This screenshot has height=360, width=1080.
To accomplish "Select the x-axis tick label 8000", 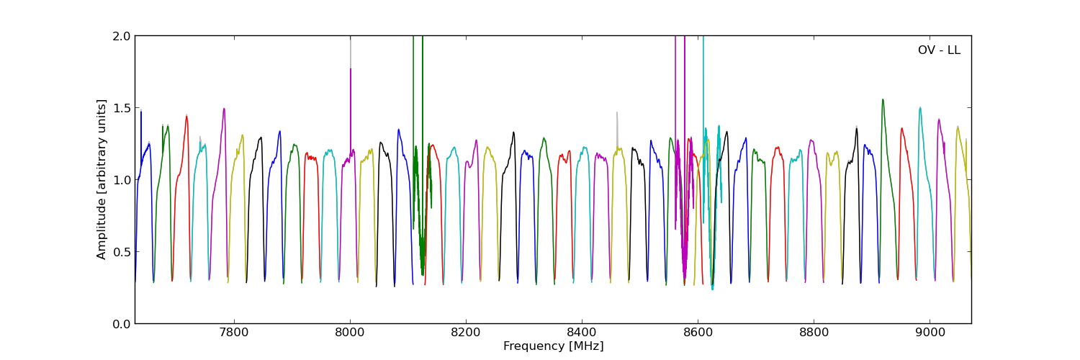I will click(x=350, y=333).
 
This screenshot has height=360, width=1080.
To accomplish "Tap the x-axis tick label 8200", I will click(x=466, y=333).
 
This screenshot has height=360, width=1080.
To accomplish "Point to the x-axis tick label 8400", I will click(x=582, y=333).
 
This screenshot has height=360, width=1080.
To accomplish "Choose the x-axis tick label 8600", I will click(x=698, y=333).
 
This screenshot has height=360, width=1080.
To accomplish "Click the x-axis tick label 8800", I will click(x=814, y=333).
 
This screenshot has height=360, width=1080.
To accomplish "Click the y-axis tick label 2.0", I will click(x=122, y=36).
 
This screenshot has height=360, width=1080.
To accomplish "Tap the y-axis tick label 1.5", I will click(x=122, y=108).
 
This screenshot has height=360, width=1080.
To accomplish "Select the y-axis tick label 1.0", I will click(x=122, y=180).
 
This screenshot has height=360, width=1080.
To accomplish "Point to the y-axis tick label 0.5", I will click(x=122, y=252).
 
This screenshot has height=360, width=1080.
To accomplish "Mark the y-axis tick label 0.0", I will click(x=122, y=324).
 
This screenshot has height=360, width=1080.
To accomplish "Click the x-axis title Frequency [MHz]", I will click(x=553, y=346).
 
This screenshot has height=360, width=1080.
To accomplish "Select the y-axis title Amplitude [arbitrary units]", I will click(x=102, y=179).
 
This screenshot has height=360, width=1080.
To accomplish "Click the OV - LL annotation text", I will click(x=939, y=50).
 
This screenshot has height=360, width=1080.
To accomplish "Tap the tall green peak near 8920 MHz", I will click(x=883, y=100).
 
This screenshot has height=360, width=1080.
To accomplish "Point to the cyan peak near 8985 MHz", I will click(x=920, y=108).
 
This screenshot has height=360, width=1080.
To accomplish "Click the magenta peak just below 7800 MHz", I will click(x=224, y=109).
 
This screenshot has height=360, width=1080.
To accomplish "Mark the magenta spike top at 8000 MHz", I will click(x=351, y=70).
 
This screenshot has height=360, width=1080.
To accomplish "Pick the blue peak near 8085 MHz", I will click(x=398, y=130).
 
